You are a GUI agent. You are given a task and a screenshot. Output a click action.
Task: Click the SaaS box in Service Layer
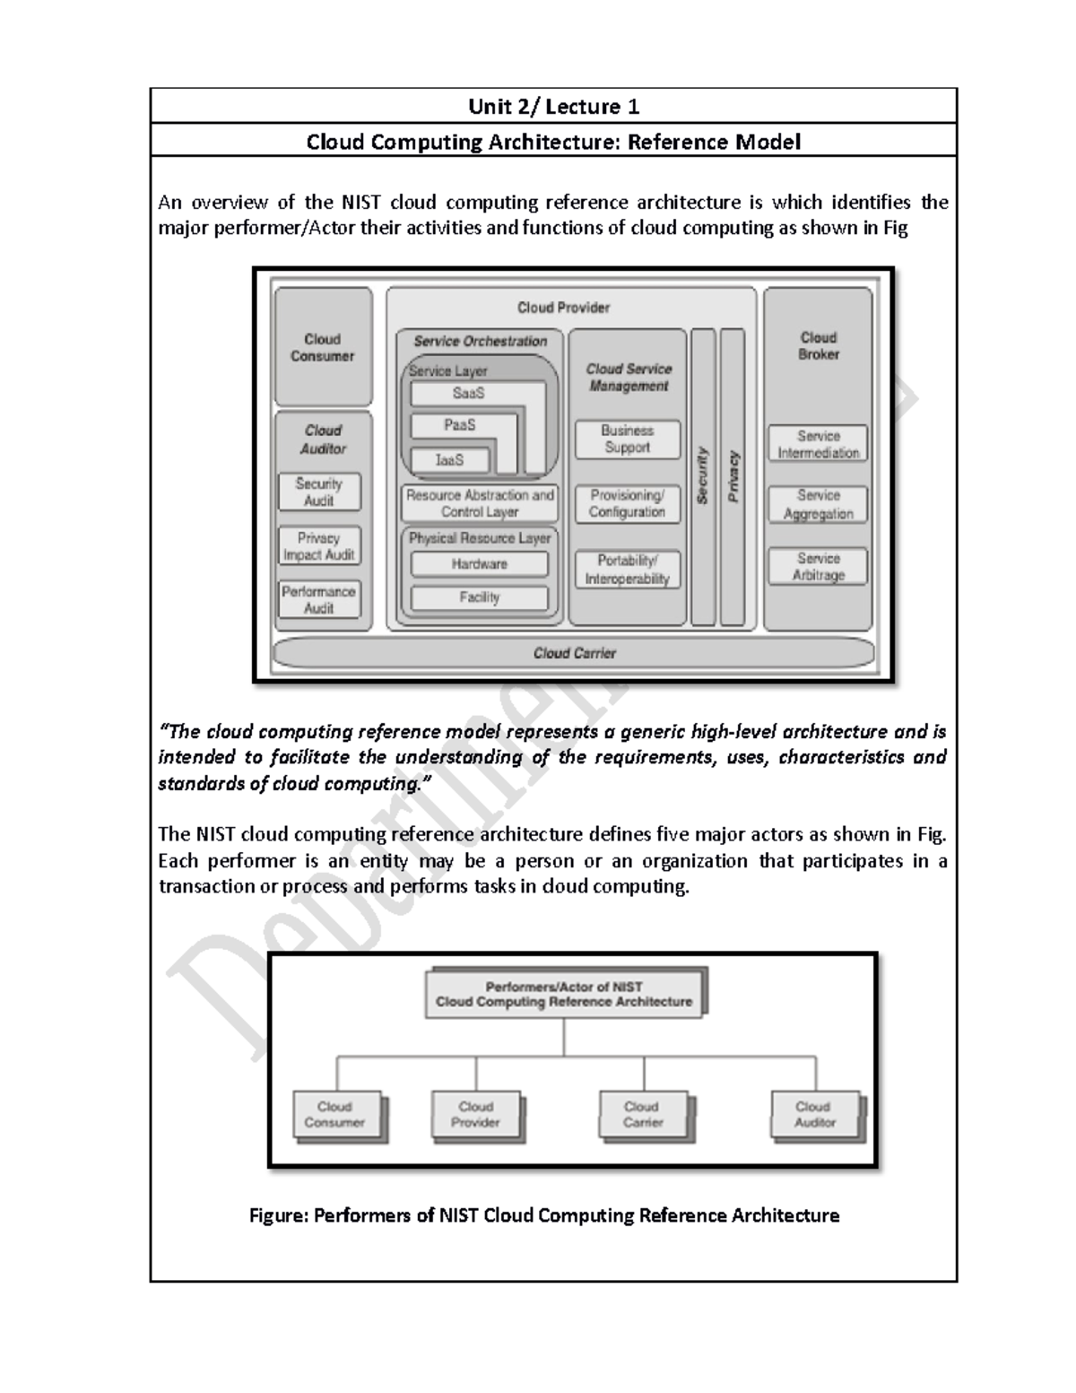(469, 394)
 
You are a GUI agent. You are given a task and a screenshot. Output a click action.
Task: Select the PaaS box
(460, 425)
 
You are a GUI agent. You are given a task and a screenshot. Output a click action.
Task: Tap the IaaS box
(450, 460)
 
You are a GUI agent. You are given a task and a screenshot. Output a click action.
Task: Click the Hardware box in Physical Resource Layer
(480, 564)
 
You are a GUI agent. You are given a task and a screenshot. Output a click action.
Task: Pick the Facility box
(480, 597)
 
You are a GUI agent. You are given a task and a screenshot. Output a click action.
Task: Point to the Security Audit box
(319, 492)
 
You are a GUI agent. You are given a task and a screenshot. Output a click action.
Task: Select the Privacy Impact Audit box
(319, 546)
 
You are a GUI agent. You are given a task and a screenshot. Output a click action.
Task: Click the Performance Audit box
(319, 600)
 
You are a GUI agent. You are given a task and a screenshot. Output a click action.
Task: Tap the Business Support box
(628, 439)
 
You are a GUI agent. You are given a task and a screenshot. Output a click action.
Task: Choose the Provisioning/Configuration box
(628, 503)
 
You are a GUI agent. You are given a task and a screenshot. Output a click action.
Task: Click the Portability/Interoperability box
(628, 570)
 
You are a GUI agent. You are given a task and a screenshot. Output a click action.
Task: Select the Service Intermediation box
(818, 444)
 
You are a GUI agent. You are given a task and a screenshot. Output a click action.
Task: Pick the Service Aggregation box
(818, 504)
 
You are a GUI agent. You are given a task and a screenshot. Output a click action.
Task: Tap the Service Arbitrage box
(818, 566)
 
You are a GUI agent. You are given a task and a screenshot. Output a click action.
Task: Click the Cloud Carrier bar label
(574, 653)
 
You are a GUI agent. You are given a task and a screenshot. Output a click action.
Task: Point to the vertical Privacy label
(733, 476)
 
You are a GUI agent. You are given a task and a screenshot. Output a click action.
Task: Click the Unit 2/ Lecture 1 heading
(553, 107)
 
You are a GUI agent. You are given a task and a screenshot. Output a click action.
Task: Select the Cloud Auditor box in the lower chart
(814, 1114)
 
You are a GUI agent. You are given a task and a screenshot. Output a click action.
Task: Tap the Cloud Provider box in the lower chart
(475, 1114)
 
